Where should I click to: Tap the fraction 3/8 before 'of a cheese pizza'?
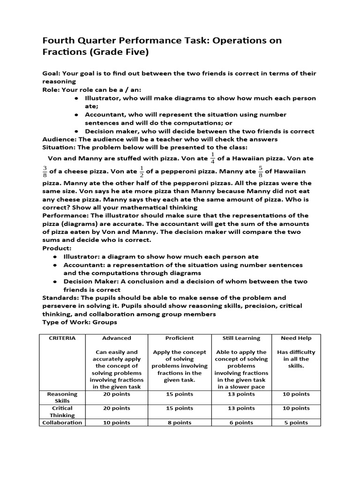coord(45,172)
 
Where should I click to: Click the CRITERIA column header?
coord(62,338)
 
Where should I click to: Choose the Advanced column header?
coord(117,338)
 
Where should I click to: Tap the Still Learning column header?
coord(241,338)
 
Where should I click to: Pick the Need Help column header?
coord(296,338)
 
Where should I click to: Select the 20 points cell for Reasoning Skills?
coord(117,394)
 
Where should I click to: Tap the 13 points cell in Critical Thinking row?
coord(241,408)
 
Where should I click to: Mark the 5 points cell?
coord(296,422)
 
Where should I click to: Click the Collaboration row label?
coord(62,422)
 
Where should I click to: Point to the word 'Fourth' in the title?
coord(58,40)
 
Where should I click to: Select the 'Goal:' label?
coord(51,74)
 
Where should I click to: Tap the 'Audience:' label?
coord(59,139)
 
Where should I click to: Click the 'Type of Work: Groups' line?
coord(80,322)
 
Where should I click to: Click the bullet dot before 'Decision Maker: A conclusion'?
coord(55,281)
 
